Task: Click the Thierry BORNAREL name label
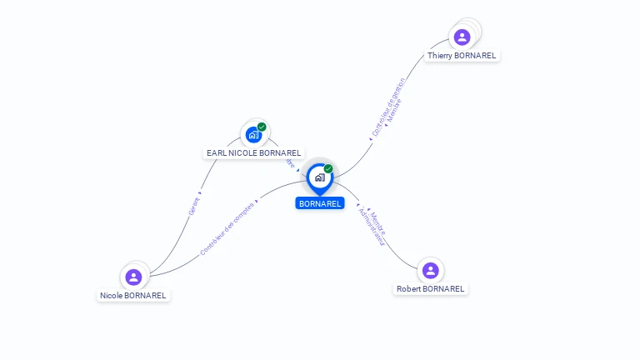(x=462, y=56)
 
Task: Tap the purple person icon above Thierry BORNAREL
(x=462, y=37)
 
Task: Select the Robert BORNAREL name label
(x=430, y=289)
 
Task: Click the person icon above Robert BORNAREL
(x=430, y=270)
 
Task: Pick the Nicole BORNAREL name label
(x=133, y=296)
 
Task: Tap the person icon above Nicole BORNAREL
(x=133, y=277)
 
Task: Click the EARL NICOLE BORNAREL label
(x=253, y=153)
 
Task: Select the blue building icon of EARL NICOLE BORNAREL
(x=253, y=134)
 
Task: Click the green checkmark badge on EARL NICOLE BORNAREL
(x=262, y=127)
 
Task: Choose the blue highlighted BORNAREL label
(x=320, y=203)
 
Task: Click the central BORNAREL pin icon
(x=319, y=177)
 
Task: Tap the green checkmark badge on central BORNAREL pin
(x=328, y=168)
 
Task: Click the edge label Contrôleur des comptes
(x=227, y=227)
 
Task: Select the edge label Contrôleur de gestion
(x=387, y=107)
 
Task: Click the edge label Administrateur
(x=371, y=226)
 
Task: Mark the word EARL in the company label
(x=216, y=153)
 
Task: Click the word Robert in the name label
(x=409, y=289)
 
